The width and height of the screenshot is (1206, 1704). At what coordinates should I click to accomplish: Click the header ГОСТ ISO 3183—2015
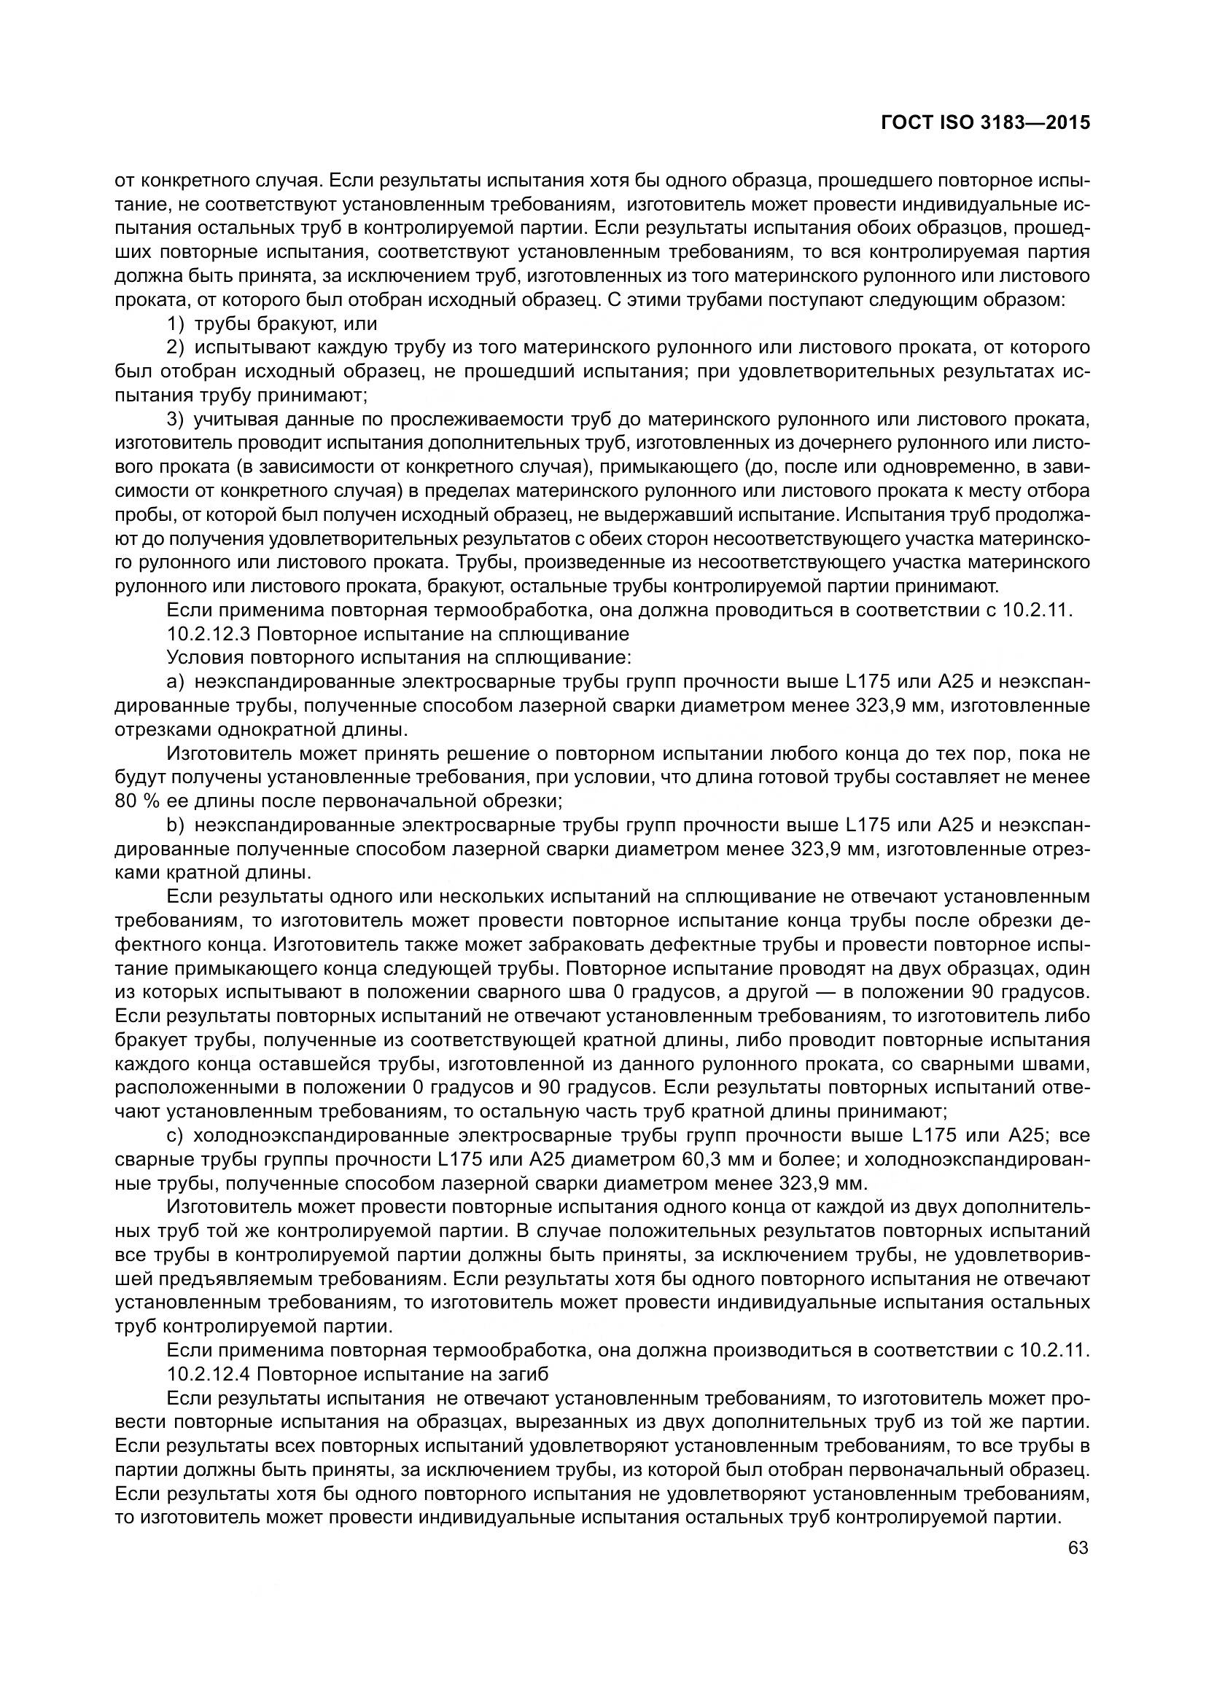984,123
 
